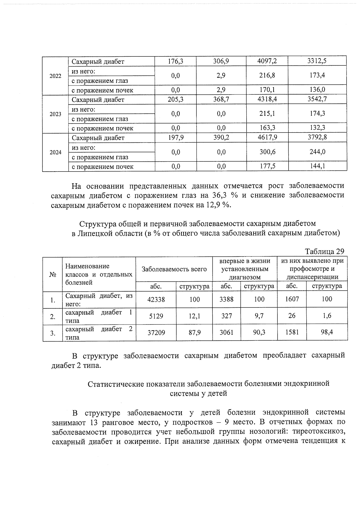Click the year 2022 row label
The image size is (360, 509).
coord(55,76)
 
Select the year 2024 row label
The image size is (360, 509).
coord(55,152)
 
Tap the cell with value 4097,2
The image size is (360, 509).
coord(267,61)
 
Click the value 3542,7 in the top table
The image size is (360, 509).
coord(317,99)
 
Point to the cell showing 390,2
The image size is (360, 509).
coord(221,138)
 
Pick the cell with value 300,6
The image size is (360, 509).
coord(267,152)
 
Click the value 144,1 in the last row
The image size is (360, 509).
coord(317,166)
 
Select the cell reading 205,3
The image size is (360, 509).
coord(175,99)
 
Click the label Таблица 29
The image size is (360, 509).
coord(324,251)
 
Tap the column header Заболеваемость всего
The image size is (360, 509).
coord(174,269)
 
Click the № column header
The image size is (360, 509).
coord(53,274)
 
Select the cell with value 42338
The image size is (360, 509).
coord(156,299)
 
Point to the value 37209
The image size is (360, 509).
coord(156,333)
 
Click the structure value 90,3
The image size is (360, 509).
coord(259,333)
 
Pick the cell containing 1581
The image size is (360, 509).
coord(292,333)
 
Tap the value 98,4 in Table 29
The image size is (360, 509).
coord(327,333)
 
